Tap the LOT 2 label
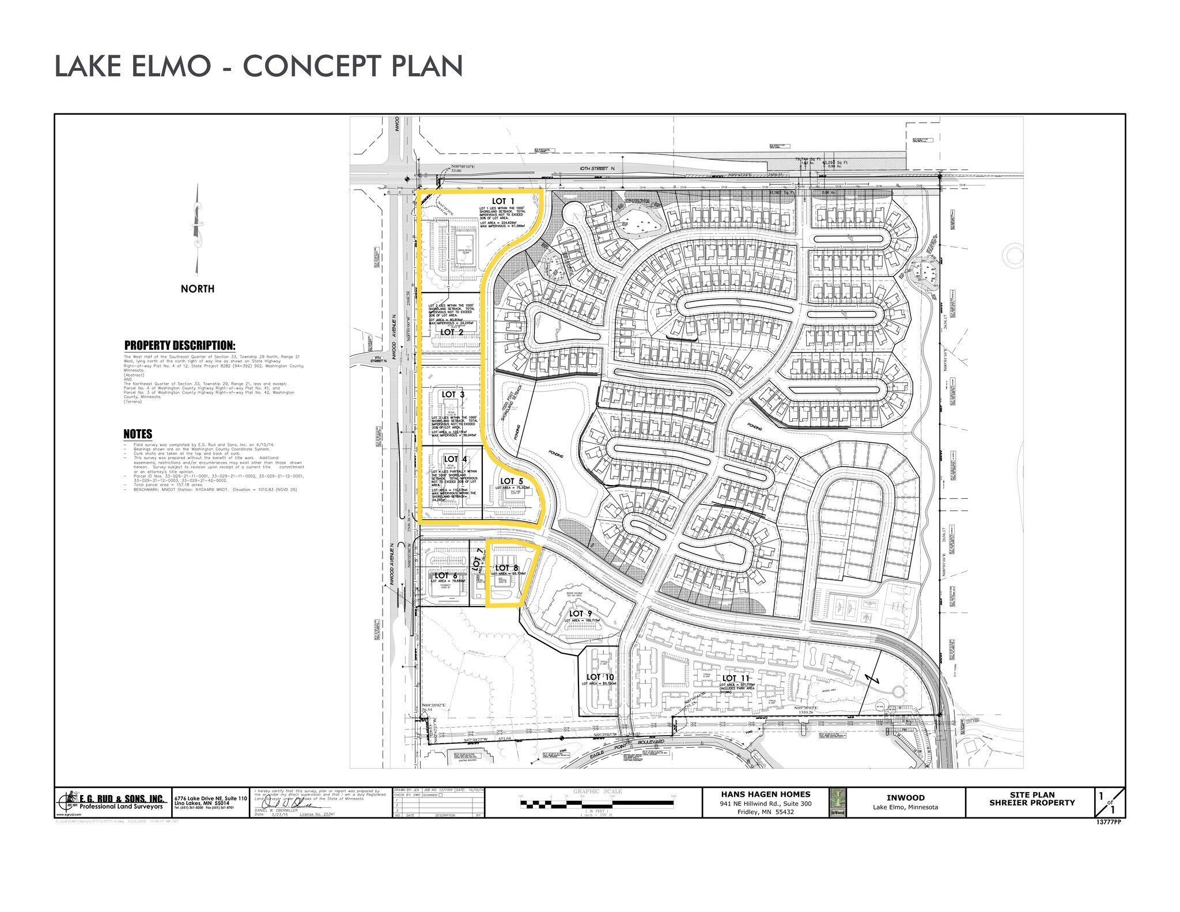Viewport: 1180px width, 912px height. (x=452, y=332)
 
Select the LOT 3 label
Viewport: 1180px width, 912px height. (x=453, y=395)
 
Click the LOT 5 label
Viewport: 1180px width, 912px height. (x=511, y=481)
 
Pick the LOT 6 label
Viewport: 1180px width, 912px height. (x=442, y=576)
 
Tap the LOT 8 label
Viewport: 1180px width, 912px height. (x=507, y=568)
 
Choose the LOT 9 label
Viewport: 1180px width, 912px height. (x=580, y=614)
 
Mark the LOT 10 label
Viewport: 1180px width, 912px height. (x=600, y=677)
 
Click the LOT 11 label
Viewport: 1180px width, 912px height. (x=736, y=679)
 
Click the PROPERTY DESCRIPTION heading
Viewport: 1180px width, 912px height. (x=180, y=346)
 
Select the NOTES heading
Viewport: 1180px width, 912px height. (x=138, y=434)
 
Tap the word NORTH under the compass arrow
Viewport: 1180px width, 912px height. (x=198, y=289)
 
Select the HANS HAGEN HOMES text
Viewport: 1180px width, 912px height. (x=766, y=794)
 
